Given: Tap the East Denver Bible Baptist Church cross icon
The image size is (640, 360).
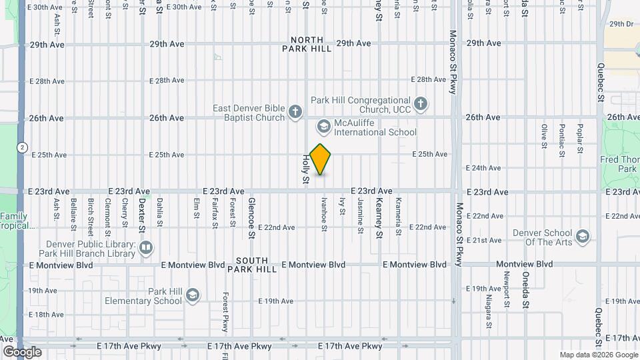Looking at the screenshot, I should tap(296, 113).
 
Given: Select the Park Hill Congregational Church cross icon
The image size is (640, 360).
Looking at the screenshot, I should tap(420, 104).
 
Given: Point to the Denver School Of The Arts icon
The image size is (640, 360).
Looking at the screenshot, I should tap(583, 237).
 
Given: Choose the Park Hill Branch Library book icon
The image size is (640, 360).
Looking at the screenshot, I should tap(146, 249).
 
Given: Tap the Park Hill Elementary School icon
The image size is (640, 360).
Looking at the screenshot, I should tap(192, 295).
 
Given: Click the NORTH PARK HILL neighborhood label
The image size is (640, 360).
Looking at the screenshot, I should tap(307, 44).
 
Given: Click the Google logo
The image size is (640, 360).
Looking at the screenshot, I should tap(22, 352).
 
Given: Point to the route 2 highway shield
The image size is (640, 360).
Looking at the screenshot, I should tap(23, 147).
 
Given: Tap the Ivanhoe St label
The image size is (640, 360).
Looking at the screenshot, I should tap(324, 214).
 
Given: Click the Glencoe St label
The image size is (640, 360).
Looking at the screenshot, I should tap(251, 217).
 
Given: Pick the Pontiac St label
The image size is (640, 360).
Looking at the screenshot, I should tap(562, 140).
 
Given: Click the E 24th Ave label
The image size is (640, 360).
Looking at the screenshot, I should tap(485, 168).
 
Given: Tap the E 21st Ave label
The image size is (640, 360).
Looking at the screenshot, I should tap(485, 240).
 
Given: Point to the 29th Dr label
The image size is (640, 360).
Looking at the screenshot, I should tap(621, 23).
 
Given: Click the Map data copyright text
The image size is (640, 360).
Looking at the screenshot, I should tap(597, 355).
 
